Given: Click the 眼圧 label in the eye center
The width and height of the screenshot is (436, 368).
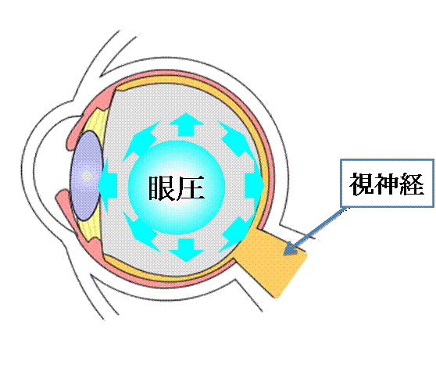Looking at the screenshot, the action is coord(177,188).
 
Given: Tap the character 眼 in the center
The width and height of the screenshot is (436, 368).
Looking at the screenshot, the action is coord(162,188).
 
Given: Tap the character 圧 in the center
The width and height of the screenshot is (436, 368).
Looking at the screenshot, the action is coord(191,188).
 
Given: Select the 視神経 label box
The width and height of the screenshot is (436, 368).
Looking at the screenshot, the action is coord(387,184).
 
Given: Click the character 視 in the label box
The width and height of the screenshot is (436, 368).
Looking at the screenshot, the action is coord(361,184).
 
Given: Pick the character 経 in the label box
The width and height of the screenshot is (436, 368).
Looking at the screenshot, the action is coord(412,184).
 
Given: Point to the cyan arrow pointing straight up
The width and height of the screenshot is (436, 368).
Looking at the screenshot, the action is coord(186,124).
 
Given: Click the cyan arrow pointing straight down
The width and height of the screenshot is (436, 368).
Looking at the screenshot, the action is coord(186,250).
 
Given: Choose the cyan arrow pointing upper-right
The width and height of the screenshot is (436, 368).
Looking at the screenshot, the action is coord(234,138).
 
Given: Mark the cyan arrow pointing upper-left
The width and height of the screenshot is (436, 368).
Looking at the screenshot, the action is coord(141,141).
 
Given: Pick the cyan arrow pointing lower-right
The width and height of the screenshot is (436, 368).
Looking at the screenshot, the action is coord(235,233).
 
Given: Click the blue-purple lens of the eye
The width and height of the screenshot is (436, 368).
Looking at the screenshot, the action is coord(86,176).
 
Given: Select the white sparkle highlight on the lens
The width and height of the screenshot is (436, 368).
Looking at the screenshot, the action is coord(87,176).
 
